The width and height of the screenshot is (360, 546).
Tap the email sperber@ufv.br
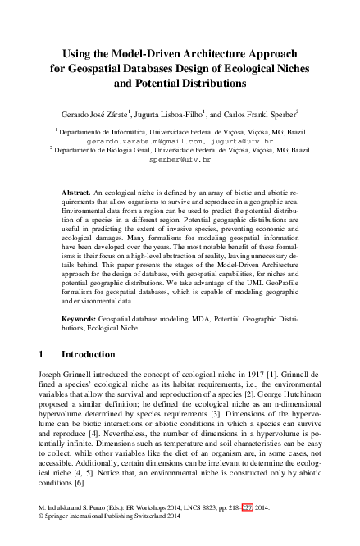(180, 160)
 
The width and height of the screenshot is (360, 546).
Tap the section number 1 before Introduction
(41, 355)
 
